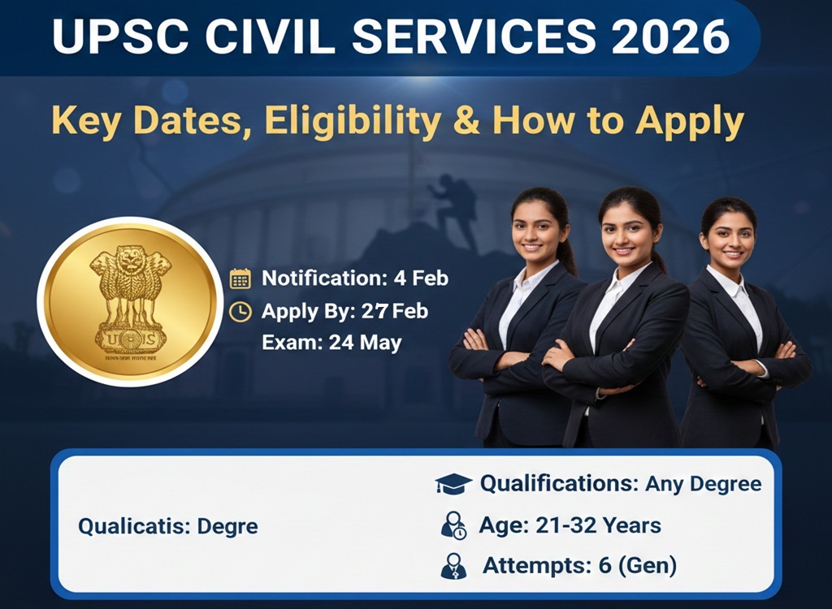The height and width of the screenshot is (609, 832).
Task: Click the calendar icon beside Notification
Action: (240, 279)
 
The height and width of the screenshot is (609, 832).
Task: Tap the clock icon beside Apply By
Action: (240, 311)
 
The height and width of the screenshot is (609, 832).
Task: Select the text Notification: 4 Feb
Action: (354, 279)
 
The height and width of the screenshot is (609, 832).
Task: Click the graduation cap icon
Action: (453, 485)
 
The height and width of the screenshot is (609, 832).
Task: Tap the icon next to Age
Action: (453, 525)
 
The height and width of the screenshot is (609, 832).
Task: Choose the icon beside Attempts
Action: (453, 565)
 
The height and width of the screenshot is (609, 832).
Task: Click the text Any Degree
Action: (703, 485)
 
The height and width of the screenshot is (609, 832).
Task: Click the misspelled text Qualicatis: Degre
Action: (167, 526)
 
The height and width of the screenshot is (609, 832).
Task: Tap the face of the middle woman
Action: (629, 227)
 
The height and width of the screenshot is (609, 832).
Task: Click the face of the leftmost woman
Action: (539, 229)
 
